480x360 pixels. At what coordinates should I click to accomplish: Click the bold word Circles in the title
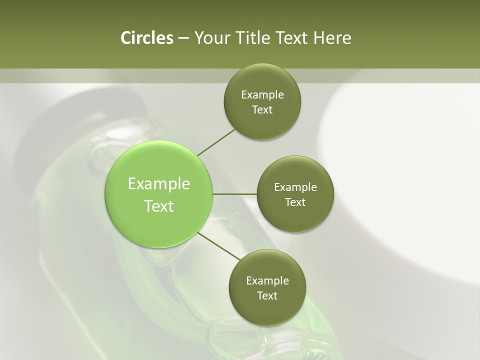[x=146, y=38]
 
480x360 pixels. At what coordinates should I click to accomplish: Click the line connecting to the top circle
[x=216, y=141]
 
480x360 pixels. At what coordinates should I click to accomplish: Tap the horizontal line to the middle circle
[x=234, y=193]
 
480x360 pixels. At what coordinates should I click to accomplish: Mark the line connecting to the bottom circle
[x=218, y=245]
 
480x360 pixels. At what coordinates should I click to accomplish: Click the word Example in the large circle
[x=159, y=184]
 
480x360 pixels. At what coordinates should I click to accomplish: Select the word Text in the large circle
[x=159, y=206]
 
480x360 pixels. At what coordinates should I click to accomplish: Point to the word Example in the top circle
[x=262, y=95]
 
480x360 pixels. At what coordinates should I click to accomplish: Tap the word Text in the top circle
[x=262, y=110]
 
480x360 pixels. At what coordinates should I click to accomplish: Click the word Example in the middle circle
[x=295, y=187]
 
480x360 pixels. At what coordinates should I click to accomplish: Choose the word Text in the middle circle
[x=295, y=202]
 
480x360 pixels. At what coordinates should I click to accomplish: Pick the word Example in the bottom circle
[x=267, y=281]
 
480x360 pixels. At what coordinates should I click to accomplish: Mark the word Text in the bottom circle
[x=267, y=296]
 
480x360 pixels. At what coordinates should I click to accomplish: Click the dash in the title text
[x=183, y=38]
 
